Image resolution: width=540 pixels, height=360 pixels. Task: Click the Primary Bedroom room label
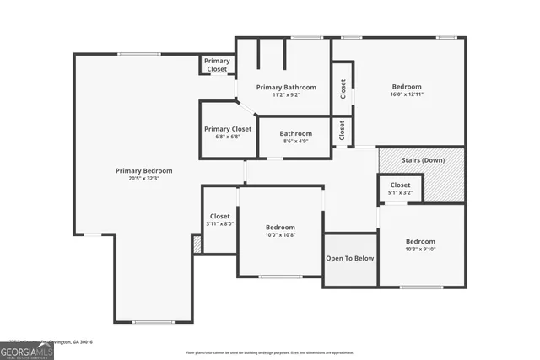[x=137, y=170]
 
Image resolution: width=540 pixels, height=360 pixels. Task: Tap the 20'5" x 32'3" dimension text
[x=137, y=179]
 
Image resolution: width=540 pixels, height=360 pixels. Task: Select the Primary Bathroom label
[x=286, y=87]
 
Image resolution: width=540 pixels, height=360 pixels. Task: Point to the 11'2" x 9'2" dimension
[x=286, y=95]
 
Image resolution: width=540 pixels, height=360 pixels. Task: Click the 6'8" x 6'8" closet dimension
[x=228, y=137]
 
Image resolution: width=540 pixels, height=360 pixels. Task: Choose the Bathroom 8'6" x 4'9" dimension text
[x=296, y=141]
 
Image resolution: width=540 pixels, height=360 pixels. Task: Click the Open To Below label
[x=350, y=258]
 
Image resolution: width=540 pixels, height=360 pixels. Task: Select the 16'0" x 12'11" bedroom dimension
[x=407, y=94]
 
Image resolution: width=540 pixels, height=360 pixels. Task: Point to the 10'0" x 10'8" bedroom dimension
[x=280, y=235]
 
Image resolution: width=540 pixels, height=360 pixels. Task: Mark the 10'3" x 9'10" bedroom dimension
[x=420, y=249]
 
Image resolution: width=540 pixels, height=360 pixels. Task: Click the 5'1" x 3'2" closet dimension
[x=400, y=193]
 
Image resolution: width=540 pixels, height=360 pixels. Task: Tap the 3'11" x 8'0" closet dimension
[x=219, y=224]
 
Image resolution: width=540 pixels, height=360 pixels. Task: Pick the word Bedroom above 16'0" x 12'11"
[x=407, y=86]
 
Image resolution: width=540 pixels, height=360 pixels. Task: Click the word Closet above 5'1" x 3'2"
[x=400, y=185]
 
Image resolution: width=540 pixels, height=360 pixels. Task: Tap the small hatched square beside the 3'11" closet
[x=197, y=244]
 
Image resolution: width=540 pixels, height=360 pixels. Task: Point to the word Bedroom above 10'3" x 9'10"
[x=420, y=240]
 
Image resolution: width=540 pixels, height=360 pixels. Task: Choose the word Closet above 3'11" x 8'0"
[x=219, y=216]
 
